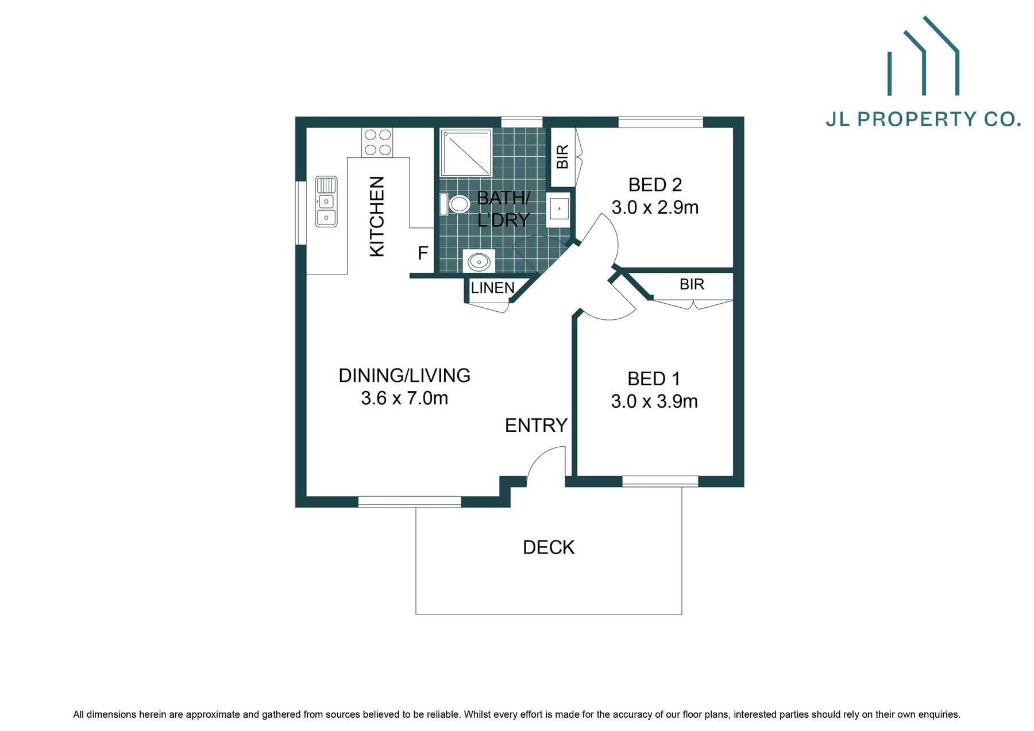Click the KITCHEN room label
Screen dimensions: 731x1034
point(376,216)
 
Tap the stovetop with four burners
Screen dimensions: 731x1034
point(377,142)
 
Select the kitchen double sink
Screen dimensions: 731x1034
point(326,202)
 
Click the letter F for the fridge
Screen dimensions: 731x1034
point(423,253)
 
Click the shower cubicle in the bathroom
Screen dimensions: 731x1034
point(466,152)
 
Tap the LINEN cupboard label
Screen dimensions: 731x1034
point(492,288)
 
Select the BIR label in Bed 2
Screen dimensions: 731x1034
point(562,157)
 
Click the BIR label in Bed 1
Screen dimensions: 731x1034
point(692,285)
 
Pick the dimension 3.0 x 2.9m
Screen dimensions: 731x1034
point(655,207)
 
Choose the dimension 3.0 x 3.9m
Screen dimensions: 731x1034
point(654,401)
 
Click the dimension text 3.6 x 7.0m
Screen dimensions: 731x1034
point(404,398)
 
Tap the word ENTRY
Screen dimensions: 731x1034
point(536,426)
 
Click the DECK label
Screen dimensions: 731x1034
point(549,548)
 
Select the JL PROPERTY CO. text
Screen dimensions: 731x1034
point(923,119)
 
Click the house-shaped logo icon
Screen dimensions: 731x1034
point(923,57)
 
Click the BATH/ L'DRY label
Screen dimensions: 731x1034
point(503,209)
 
